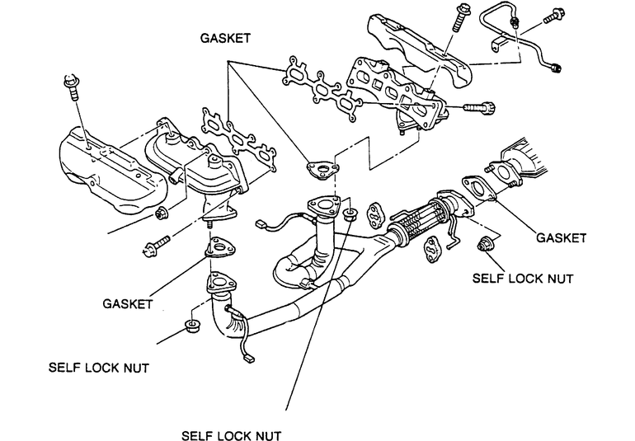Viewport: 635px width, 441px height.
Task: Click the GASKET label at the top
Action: [226, 38]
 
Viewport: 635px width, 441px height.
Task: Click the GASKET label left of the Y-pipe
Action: [128, 303]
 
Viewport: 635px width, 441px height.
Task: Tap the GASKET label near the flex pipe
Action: [561, 237]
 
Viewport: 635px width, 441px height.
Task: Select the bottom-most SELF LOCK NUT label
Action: [231, 436]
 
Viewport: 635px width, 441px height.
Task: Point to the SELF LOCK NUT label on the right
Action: [523, 279]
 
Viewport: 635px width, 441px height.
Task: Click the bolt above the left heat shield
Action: [72, 87]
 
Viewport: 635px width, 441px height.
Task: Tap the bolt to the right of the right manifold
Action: [479, 108]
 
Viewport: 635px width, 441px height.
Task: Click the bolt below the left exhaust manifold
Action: [157, 246]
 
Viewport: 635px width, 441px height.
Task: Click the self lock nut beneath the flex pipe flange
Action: [483, 245]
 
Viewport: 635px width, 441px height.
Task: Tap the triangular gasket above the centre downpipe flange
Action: [322, 170]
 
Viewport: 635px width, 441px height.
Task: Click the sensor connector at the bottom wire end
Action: [248, 358]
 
